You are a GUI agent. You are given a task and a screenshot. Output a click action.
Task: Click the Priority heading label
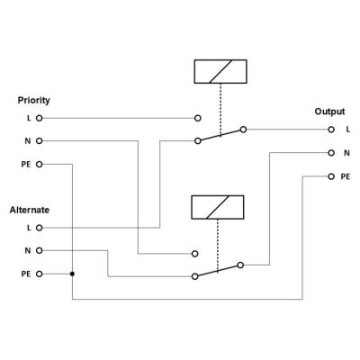[33, 100]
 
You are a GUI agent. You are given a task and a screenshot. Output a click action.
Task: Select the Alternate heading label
[30, 210]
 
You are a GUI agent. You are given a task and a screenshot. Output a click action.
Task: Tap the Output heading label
[329, 112]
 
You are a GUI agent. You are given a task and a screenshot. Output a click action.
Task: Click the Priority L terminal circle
[40, 118]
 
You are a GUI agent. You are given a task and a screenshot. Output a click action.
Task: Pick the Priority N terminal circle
[40, 141]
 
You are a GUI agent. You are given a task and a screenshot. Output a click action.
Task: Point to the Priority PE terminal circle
[40, 165]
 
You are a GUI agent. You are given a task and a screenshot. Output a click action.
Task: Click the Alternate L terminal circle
[40, 228]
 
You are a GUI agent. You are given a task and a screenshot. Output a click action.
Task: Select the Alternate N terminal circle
[40, 250]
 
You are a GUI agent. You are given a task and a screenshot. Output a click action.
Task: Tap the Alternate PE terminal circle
[40, 274]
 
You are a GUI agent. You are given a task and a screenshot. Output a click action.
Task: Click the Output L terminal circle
[331, 130]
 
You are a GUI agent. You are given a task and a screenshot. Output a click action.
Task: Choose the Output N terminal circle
[331, 153]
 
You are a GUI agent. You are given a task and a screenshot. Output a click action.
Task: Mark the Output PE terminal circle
[331, 176]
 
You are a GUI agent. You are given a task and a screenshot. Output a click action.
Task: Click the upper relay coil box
[220, 71]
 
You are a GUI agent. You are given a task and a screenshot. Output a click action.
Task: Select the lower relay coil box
[218, 207]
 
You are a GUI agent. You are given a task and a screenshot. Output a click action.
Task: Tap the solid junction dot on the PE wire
[72, 274]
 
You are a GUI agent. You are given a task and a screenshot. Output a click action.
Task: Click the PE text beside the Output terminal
[346, 176]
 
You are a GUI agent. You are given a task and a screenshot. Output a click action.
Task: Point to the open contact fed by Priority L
[198, 118]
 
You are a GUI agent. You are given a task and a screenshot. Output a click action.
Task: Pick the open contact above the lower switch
[195, 254]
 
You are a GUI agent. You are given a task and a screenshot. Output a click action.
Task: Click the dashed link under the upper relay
[220, 110]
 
